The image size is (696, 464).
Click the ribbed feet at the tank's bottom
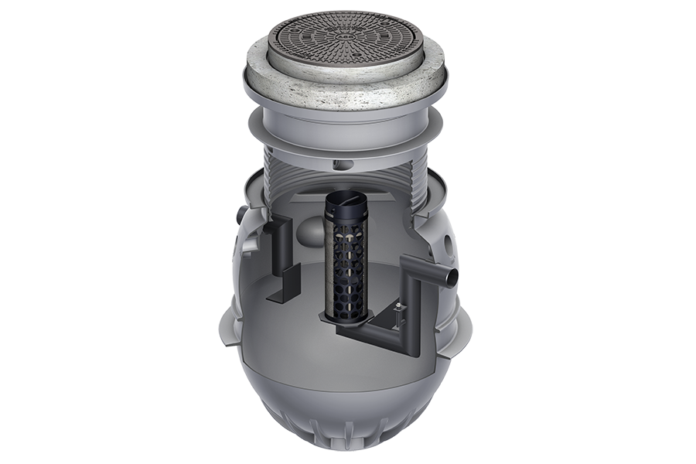click(x=348, y=433)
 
